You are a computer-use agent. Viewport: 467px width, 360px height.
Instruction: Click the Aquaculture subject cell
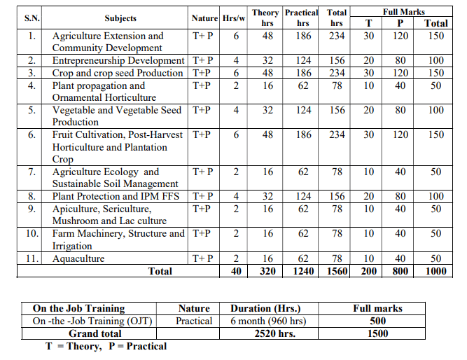(78, 258)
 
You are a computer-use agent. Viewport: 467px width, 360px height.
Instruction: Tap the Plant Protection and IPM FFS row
(116, 196)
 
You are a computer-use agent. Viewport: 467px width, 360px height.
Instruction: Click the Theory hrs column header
(265, 18)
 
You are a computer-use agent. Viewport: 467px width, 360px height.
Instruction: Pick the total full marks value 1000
(435, 271)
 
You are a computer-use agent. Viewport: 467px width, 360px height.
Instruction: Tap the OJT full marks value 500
(377, 321)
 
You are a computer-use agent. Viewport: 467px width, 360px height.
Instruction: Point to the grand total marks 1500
(377, 333)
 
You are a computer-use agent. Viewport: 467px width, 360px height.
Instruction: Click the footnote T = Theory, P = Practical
(106, 346)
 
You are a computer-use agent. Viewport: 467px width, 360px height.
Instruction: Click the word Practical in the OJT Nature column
(194, 321)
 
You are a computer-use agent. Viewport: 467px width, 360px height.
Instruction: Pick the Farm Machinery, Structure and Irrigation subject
(118, 240)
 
